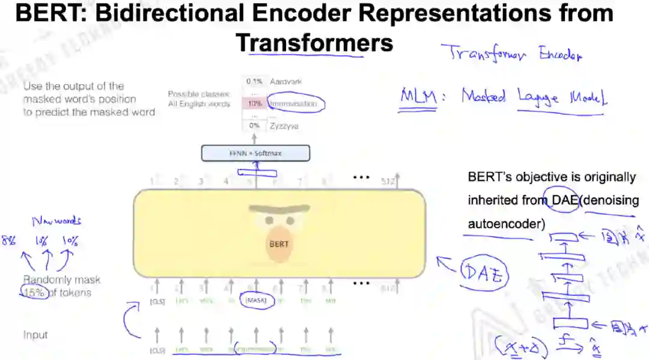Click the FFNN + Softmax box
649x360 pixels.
coord(255,153)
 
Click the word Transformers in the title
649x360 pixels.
coord(314,43)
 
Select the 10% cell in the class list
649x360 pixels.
coord(255,104)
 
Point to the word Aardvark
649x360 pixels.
coord(285,81)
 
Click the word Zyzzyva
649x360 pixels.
coord(284,126)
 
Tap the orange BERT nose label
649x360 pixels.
coord(279,244)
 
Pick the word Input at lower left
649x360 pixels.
coord(35,335)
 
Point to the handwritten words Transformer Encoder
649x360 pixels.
coord(511,54)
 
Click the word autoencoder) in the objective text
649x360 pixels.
coord(507,224)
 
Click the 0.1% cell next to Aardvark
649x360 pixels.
coord(254,81)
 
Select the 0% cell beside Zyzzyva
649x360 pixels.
coord(255,126)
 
